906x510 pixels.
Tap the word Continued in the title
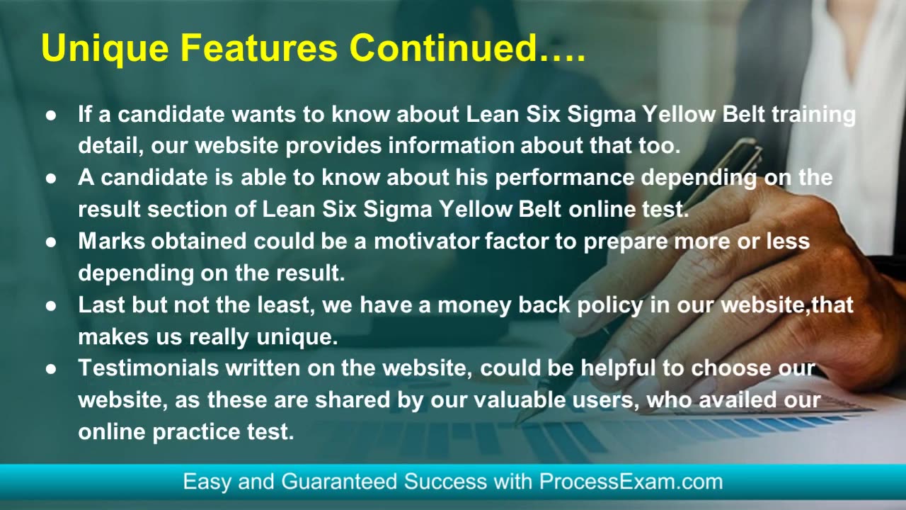click(x=443, y=47)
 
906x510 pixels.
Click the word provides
click(x=333, y=147)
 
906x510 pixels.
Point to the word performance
click(x=565, y=178)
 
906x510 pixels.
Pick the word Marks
click(x=112, y=242)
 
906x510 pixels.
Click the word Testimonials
click(x=149, y=368)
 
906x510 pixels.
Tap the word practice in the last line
click(x=196, y=433)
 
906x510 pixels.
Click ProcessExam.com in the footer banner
click(x=631, y=482)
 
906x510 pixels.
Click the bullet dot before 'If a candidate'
click(x=51, y=115)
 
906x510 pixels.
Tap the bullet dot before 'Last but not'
click(x=51, y=306)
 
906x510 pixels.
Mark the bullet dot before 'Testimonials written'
click(x=51, y=369)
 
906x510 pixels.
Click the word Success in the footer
click(x=445, y=482)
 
